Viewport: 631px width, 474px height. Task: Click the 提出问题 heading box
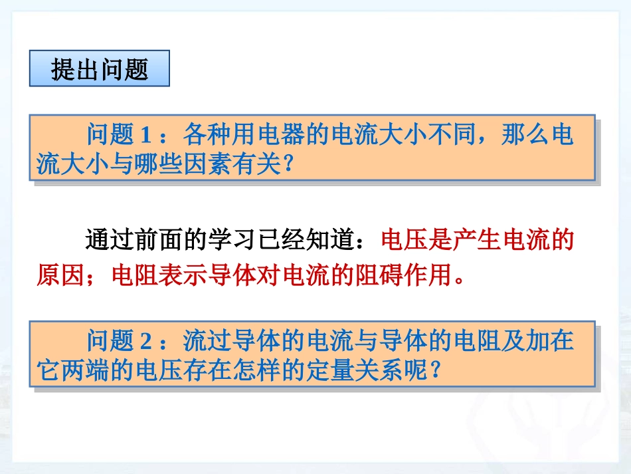click(100, 68)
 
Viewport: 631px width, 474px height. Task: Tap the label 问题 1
click(120, 136)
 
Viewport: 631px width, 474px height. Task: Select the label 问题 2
click(120, 341)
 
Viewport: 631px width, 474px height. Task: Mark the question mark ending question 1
click(288, 164)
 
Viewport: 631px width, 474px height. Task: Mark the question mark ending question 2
click(436, 370)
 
